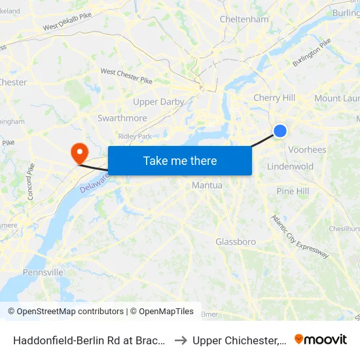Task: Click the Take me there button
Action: (x=180, y=160)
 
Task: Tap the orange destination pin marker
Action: (x=80, y=153)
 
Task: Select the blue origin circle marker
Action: (x=279, y=131)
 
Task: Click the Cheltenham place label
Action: (x=244, y=20)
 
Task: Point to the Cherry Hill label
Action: (x=274, y=98)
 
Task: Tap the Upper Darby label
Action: (x=158, y=102)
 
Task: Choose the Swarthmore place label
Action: (x=122, y=118)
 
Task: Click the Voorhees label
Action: (x=307, y=150)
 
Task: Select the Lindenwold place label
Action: (x=290, y=167)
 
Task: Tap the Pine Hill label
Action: (x=293, y=191)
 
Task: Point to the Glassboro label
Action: (x=236, y=242)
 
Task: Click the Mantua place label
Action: (x=207, y=186)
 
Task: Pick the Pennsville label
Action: (x=43, y=272)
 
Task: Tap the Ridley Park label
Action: (x=135, y=136)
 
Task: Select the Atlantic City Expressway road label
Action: (x=300, y=236)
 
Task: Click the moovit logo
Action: (x=321, y=339)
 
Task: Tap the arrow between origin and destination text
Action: (x=181, y=340)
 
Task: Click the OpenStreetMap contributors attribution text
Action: (x=65, y=312)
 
